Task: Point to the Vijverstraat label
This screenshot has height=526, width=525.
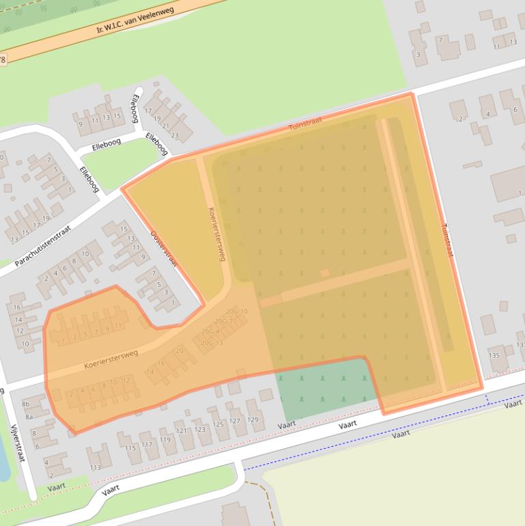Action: click(18, 443)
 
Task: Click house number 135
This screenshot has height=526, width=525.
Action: click(494, 355)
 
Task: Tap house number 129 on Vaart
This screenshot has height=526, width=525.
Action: click(252, 419)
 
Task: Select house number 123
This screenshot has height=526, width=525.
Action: click(199, 429)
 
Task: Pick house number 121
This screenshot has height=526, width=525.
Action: click(181, 430)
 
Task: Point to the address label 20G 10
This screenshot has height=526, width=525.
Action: click(237, 312)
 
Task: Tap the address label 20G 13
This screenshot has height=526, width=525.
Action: click(212, 342)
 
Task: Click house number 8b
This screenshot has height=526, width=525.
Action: click(26, 404)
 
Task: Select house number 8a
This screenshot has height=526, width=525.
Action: click(29, 416)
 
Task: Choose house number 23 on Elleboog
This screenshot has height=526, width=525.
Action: click(173, 135)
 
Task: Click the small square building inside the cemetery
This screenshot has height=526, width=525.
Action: click(325, 273)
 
